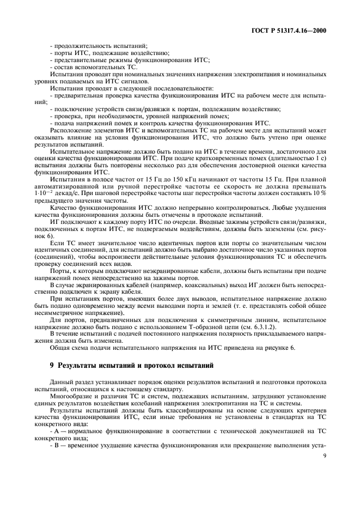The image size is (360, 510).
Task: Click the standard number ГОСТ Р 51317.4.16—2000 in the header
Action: pyautogui.click(x=292, y=31)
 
